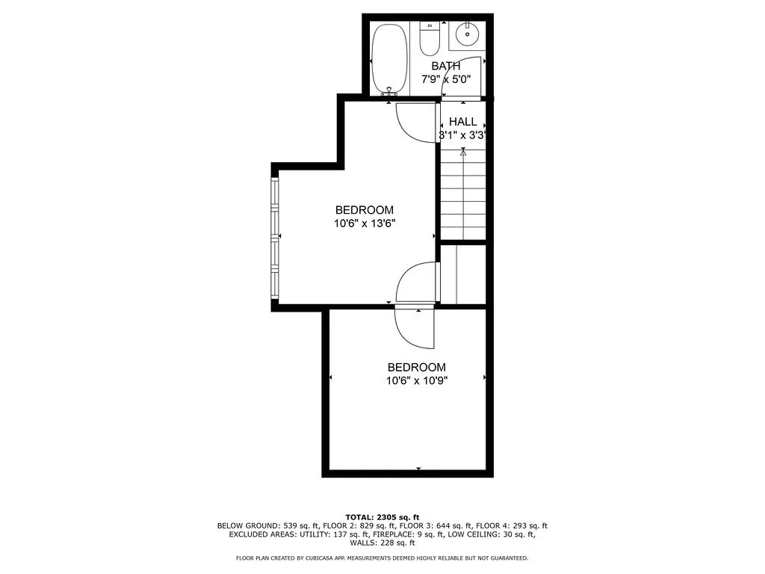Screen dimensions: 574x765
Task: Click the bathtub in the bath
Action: (389, 58)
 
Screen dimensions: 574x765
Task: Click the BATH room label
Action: (445, 67)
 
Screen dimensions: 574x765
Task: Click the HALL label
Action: (462, 122)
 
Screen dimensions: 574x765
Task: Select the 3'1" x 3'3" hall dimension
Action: (462, 136)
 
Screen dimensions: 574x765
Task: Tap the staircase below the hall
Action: (463, 194)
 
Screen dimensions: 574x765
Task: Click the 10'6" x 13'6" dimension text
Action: (364, 223)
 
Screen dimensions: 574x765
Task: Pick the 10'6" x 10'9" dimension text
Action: (416, 380)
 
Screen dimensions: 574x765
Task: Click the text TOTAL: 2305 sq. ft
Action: (382, 517)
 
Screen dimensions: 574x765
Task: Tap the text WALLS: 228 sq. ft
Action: (382, 543)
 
